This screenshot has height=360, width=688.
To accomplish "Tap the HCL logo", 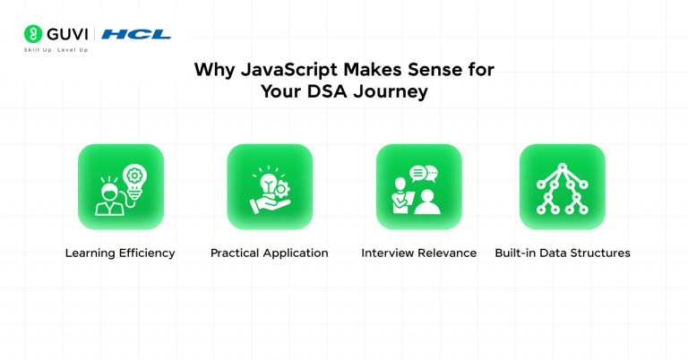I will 135,35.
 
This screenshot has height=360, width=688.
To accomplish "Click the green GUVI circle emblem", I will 32,35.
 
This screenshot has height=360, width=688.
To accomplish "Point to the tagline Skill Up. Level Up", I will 56,50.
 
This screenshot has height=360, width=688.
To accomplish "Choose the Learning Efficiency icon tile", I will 120,187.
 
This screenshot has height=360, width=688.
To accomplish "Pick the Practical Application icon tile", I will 270,187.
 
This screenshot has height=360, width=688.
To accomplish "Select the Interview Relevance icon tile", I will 418,187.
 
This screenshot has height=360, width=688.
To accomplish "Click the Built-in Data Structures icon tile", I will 562,187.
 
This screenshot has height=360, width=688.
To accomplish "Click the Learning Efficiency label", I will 120,253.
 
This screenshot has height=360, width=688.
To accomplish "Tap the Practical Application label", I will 269,253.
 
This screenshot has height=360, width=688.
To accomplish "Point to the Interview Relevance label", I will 418,253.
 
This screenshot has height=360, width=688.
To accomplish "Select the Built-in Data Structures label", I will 562,253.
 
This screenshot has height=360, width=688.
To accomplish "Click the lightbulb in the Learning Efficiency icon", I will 135,179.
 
